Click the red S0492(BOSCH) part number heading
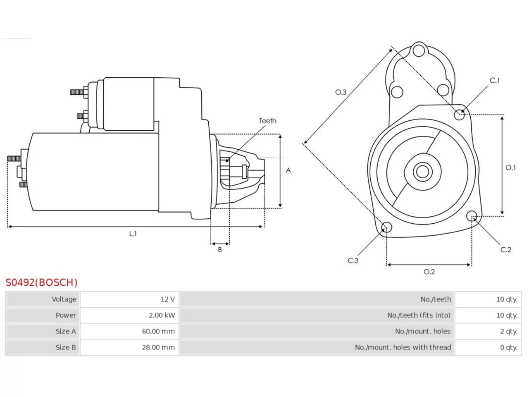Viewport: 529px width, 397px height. [41, 282]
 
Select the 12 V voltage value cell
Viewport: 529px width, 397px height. [167, 299]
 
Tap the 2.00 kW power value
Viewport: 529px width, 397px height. [162, 315]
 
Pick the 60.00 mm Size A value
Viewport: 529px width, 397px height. [158, 331]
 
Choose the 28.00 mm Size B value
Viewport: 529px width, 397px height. [158, 347]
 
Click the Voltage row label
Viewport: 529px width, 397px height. [64, 299]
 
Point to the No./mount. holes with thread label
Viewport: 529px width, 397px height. [403, 347]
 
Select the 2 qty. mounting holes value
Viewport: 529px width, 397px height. [509, 331]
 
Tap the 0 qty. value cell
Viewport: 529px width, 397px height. [509, 347]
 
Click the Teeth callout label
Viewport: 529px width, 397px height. [267, 121]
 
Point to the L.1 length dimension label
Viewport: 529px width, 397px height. [133, 233]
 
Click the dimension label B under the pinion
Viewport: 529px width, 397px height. [220, 250]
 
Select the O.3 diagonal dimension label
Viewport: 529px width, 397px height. [341, 92]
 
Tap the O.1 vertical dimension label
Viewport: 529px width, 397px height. [510, 167]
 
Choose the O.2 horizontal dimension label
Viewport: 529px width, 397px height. [429, 272]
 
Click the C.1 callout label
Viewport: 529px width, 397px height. [495, 80]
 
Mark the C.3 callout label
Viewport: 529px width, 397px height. [353, 261]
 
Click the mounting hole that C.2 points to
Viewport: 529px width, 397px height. [472, 216]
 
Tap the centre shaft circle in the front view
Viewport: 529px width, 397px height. [422, 172]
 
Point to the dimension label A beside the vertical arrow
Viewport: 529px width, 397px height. [288, 170]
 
